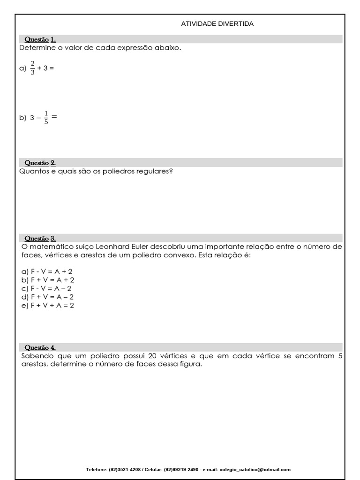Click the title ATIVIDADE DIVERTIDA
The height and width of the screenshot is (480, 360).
217,24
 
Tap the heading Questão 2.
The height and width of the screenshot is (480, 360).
40,163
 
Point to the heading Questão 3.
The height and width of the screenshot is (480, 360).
40,239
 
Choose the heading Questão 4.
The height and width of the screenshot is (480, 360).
40,348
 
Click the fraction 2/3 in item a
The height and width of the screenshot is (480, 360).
32,68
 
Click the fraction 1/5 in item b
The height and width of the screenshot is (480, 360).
46,118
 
